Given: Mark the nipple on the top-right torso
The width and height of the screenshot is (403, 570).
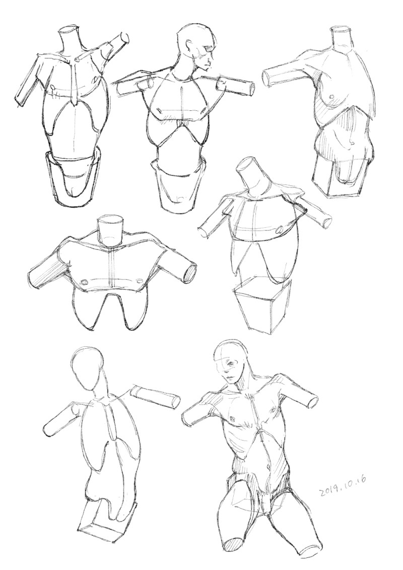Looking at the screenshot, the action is click(331, 97).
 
